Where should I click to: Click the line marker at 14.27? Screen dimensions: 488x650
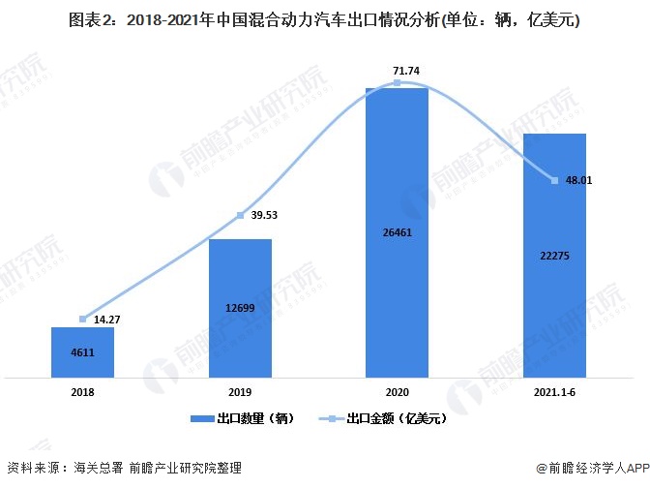click(83, 319)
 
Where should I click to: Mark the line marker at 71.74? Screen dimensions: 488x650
click(398, 84)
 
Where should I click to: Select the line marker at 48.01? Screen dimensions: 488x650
click(554, 180)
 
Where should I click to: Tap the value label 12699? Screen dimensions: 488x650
click(240, 307)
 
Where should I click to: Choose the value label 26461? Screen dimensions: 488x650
click(398, 231)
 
